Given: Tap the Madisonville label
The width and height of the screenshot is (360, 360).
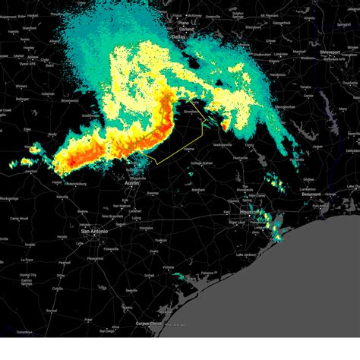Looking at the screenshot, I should [223, 144].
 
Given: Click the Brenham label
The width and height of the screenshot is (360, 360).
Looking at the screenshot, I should [199, 189].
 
